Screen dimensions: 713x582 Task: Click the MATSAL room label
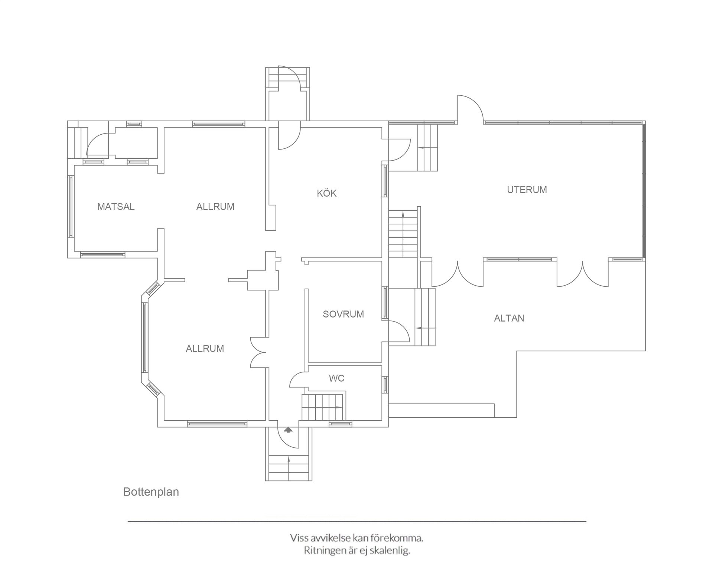116,207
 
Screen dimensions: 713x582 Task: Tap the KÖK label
327,193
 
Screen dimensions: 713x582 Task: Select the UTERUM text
527,190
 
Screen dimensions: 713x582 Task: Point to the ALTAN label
509,318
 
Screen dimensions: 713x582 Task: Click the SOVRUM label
343,314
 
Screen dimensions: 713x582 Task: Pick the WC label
336,378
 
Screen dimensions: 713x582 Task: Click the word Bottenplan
151,492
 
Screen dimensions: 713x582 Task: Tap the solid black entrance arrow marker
288,430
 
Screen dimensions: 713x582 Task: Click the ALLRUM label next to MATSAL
215,207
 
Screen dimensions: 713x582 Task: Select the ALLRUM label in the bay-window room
205,349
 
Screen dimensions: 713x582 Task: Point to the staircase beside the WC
323,407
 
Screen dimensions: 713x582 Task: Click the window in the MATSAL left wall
71,207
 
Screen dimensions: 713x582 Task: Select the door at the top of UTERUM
471,108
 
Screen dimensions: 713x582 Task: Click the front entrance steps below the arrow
289,468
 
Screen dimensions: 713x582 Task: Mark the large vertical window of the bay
145,337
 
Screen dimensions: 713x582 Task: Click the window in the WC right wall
385,385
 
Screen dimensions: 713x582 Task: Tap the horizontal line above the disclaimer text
357,521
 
